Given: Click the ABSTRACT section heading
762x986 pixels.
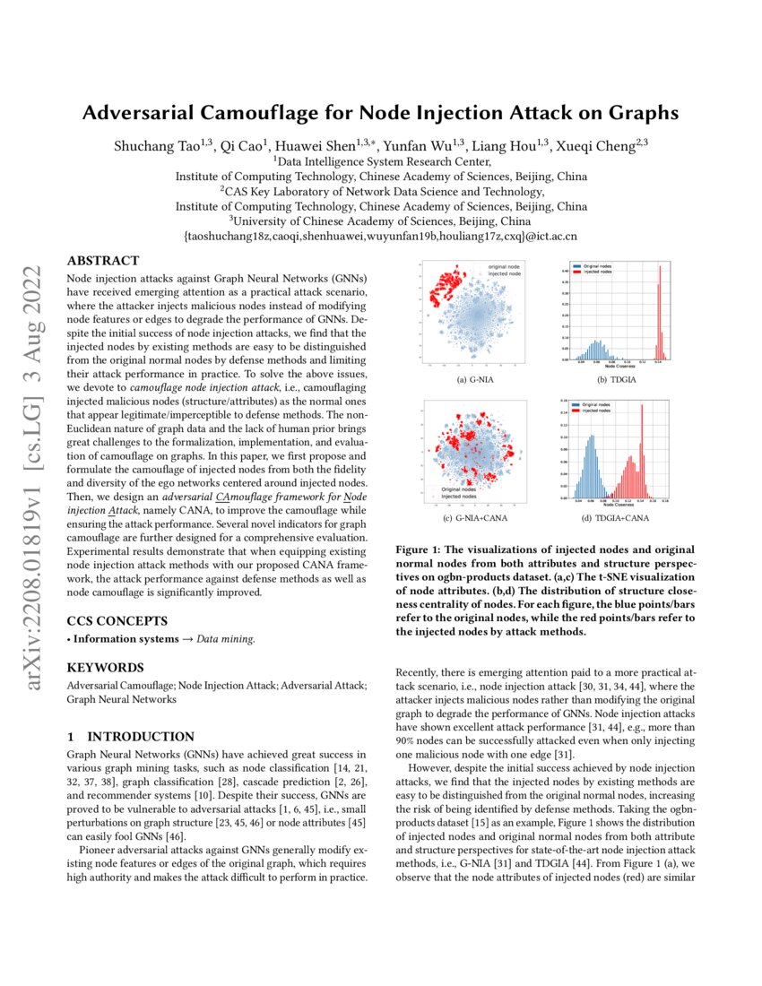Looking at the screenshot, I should pos(103,261).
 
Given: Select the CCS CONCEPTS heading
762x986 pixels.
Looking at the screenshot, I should pos(117,620).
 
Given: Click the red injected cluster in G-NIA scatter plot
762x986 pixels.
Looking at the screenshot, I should pos(446,289).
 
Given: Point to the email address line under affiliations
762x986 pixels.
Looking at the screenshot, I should pos(380,238).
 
